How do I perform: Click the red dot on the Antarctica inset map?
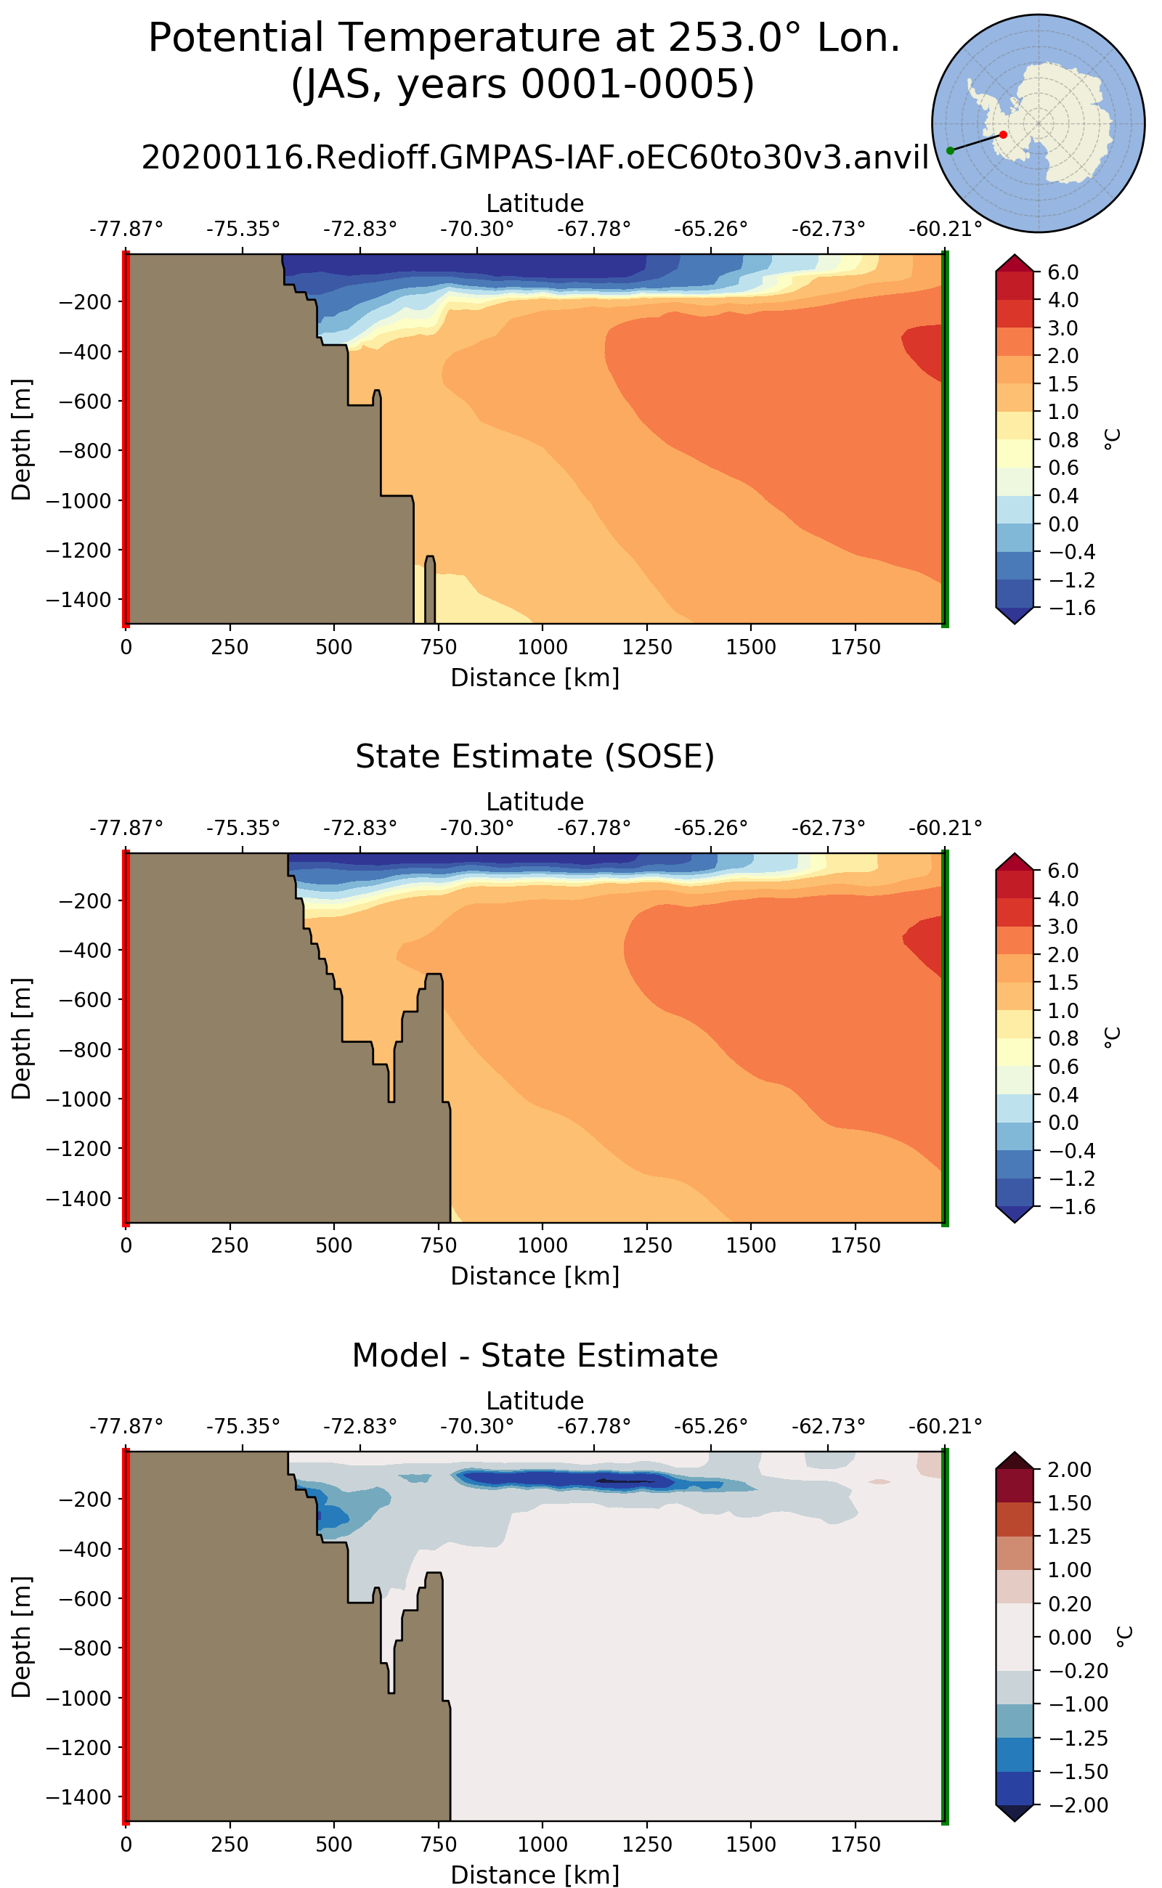pyautogui.click(x=1003, y=134)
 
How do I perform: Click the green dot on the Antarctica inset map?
pyautogui.click(x=951, y=150)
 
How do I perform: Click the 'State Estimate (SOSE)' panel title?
pyautogui.click(x=535, y=757)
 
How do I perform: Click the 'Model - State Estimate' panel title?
pyautogui.click(x=535, y=1356)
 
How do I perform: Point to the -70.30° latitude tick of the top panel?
pyautogui.click(x=476, y=229)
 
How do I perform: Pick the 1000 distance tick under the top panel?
pyautogui.click(x=543, y=647)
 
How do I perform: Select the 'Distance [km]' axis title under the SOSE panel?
pyautogui.click(x=535, y=1276)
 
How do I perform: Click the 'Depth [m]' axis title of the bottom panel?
pyautogui.click(x=22, y=1637)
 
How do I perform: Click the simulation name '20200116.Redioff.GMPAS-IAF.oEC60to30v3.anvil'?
pyautogui.click(x=535, y=158)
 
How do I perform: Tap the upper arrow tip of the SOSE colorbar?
pyautogui.click(x=1015, y=855)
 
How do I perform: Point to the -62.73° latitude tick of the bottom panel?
pyautogui.click(x=828, y=1426)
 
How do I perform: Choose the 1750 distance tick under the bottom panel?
pyautogui.click(x=856, y=1844)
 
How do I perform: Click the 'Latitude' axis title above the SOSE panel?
pyautogui.click(x=535, y=802)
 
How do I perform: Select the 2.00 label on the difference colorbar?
pyautogui.click(x=1069, y=1469)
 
